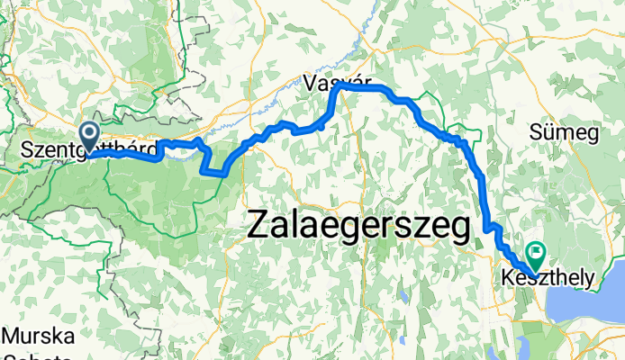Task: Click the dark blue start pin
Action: click(90, 136)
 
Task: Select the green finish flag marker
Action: click(539, 253)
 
